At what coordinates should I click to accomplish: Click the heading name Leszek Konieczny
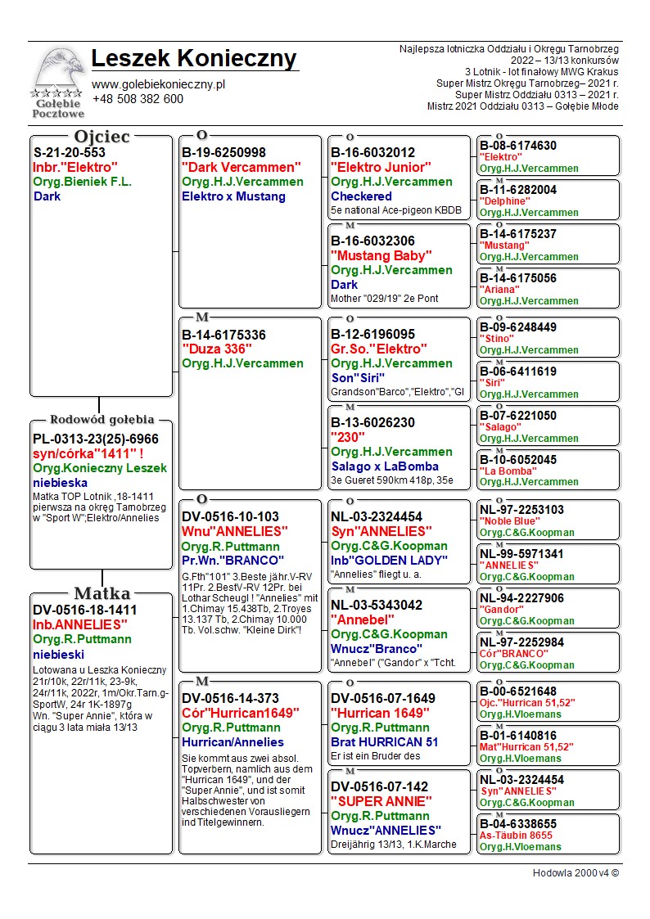click(x=194, y=59)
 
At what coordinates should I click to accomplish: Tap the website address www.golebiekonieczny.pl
click(x=158, y=84)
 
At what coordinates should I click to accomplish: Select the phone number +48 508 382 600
click(x=138, y=99)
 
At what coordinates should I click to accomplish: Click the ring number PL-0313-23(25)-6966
click(x=96, y=439)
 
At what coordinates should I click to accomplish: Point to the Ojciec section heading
click(x=102, y=137)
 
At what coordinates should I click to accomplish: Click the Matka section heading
click(x=102, y=593)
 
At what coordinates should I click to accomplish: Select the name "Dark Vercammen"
click(x=241, y=167)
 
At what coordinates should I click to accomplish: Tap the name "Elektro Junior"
click(x=381, y=167)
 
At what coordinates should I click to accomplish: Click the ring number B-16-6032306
click(x=372, y=241)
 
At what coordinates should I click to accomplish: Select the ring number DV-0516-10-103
click(x=230, y=517)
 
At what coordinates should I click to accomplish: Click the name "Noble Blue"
click(x=509, y=520)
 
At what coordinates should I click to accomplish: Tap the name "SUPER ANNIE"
click(x=381, y=801)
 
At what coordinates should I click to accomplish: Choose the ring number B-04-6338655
click(x=518, y=824)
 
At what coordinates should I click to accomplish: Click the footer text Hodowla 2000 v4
click(x=576, y=872)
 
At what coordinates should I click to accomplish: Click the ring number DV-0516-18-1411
click(x=85, y=610)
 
